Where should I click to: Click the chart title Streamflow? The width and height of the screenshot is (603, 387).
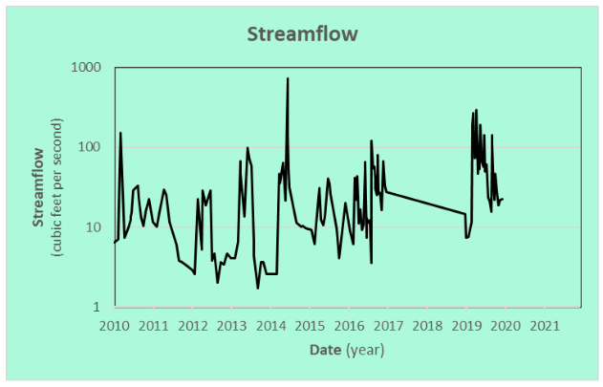click(303, 34)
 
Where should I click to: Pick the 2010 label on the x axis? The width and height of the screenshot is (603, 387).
click(114, 325)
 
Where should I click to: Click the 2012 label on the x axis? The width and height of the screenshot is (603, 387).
click(192, 325)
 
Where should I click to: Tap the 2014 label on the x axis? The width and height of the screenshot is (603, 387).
click(270, 325)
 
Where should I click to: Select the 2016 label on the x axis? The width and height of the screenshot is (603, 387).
click(349, 325)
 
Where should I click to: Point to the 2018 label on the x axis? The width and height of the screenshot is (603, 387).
click(427, 325)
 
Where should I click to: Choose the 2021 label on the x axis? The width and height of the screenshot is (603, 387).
click(544, 325)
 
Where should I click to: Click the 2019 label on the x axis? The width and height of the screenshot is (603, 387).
click(466, 325)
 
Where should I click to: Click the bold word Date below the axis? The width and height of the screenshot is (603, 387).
click(326, 350)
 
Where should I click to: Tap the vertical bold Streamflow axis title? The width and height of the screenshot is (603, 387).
click(39, 186)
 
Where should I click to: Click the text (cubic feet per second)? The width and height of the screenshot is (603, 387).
click(57, 186)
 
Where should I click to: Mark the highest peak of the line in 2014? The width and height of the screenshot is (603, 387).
click(288, 78)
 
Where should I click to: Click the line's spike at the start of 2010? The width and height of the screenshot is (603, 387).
click(120, 133)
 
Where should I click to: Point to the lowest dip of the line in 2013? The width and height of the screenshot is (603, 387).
click(258, 288)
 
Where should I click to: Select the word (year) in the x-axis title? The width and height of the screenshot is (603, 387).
click(365, 350)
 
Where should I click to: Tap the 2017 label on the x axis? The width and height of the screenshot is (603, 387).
click(388, 325)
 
